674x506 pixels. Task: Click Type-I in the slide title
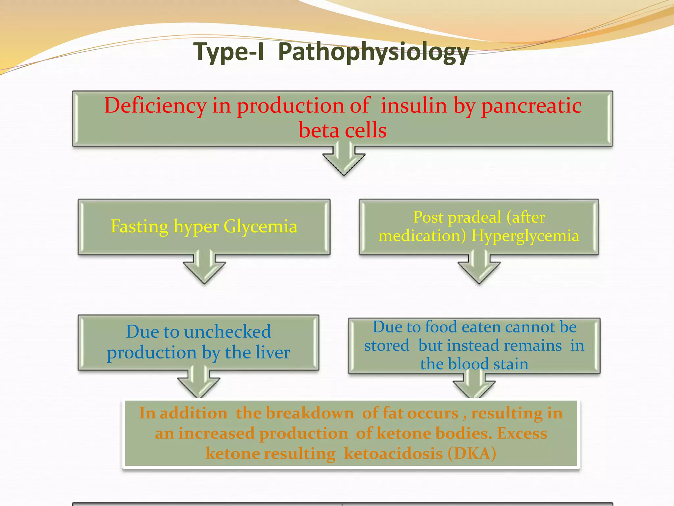click(229, 52)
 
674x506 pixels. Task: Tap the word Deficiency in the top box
click(155, 106)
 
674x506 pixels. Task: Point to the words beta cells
click(343, 130)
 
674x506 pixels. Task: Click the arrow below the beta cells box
click(344, 160)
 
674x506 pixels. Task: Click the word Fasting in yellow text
click(140, 227)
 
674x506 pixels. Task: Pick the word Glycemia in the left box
click(260, 227)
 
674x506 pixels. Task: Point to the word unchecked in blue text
click(227, 332)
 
